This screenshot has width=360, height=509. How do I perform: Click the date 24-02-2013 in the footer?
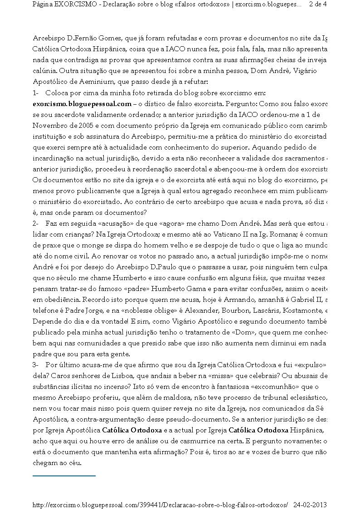[310, 504]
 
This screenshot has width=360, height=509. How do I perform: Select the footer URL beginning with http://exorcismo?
[161, 504]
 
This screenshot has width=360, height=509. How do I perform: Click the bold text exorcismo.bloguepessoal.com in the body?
[82, 104]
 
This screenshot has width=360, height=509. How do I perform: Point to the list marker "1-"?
[36, 93]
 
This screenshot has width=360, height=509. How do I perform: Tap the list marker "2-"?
[36, 223]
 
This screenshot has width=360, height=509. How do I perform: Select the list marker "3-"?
[36, 365]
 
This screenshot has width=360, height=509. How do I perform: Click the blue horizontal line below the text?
[64, 476]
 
